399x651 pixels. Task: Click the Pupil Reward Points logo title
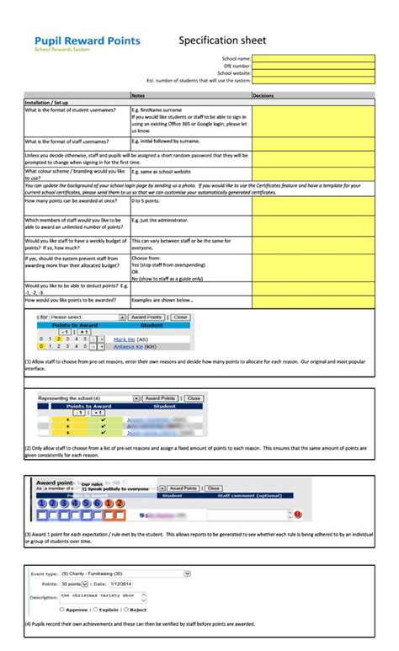click(87, 40)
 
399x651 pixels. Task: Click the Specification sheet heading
click(222, 40)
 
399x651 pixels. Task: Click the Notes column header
click(138, 96)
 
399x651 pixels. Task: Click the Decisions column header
click(263, 96)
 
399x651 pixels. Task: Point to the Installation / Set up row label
click(46, 102)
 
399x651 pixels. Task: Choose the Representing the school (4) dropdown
click(88, 398)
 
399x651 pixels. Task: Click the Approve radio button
click(63, 609)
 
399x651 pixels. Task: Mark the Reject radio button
click(125, 609)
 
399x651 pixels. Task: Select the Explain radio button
click(96, 609)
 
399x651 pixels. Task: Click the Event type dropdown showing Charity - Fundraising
click(125, 573)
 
